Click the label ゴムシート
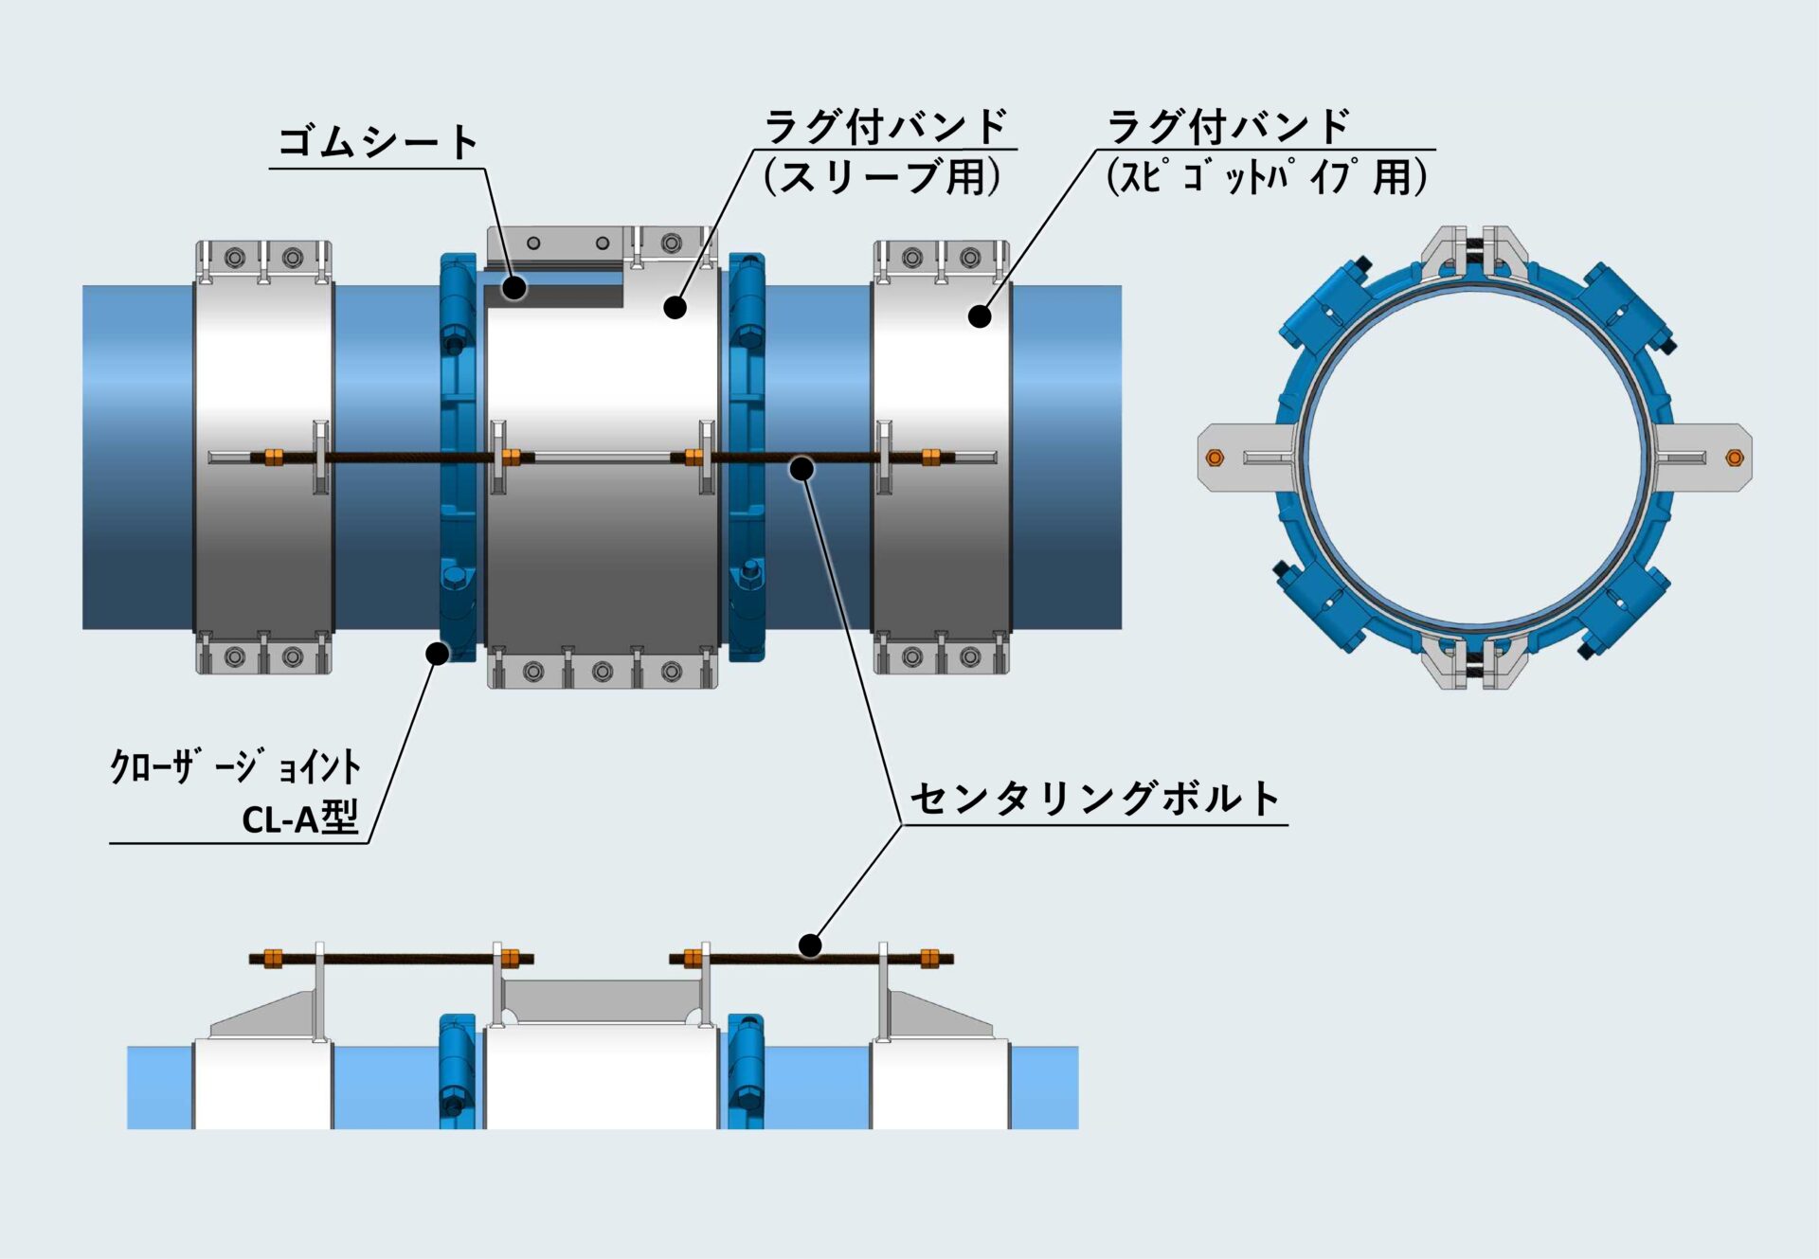click(377, 142)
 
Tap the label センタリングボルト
click(1095, 799)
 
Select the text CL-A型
click(300, 818)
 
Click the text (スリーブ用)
click(882, 176)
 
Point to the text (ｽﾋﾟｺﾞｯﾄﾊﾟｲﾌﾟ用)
click(1267, 176)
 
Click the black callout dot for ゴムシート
click(513, 288)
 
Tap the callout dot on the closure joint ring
click(437, 653)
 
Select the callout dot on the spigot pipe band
click(980, 316)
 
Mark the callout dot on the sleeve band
click(675, 307)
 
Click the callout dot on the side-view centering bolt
click(810, 944)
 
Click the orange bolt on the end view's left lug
click(1215, 459)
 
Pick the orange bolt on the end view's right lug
click(1735, 459)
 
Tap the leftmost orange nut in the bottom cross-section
click(273, 959)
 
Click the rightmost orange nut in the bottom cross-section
click(929, 959)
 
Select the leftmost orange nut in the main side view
click(274, 458)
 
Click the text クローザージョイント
click(235, 766)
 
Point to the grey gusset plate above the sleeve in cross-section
click(601, 1001)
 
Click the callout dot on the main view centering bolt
click(801, 468)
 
